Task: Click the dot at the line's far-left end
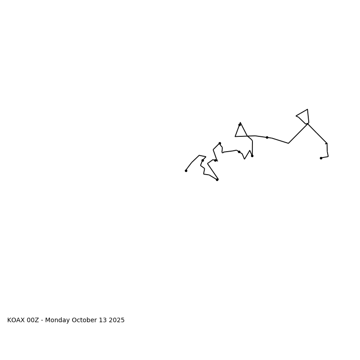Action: click(186, 171)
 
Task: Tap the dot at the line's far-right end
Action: click(321, 158)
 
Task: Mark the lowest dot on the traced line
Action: click(217, 180)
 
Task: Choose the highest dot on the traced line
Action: click(239, 125)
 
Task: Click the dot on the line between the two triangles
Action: click(267, 137)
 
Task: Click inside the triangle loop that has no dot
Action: click(304, 116)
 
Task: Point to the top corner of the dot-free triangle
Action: click(307, 109)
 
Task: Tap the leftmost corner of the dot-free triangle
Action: click(296, 116)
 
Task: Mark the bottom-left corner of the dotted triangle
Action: click(235, 136)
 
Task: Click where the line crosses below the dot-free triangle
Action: click(308, 123)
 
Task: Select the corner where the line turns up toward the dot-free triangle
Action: click(288, 143)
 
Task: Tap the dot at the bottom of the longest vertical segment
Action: click(252, 156)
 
